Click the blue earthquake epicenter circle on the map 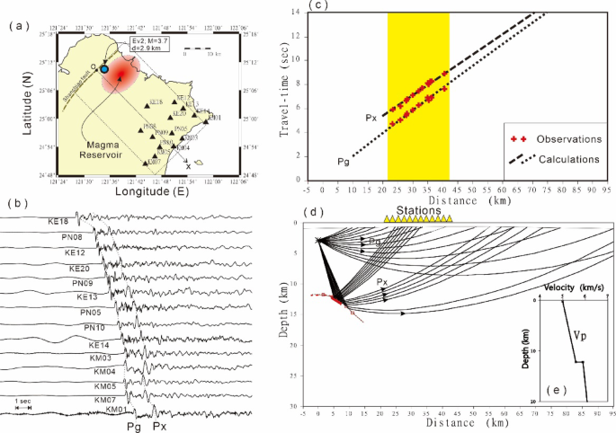[104, 69]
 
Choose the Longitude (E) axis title [137, 190]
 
